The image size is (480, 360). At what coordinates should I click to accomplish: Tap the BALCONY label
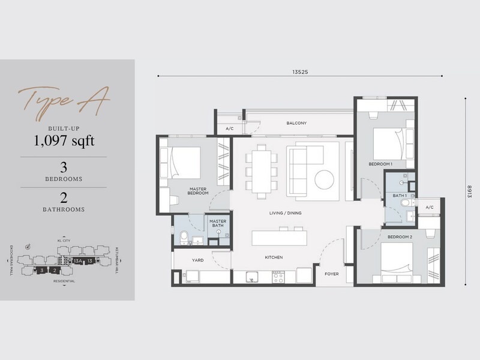point(296,124)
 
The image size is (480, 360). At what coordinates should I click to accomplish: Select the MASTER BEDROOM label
point(198,191)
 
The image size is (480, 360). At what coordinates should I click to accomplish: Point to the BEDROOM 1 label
point(380,164)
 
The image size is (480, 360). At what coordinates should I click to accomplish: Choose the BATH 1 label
point(400,196)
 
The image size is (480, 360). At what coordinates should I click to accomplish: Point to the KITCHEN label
point(274,257)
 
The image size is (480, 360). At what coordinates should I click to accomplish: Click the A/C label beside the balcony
point(229,129)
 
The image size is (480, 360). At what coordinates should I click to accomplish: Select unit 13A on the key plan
point(76,261)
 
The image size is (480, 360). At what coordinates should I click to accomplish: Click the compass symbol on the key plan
point(28,245)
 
